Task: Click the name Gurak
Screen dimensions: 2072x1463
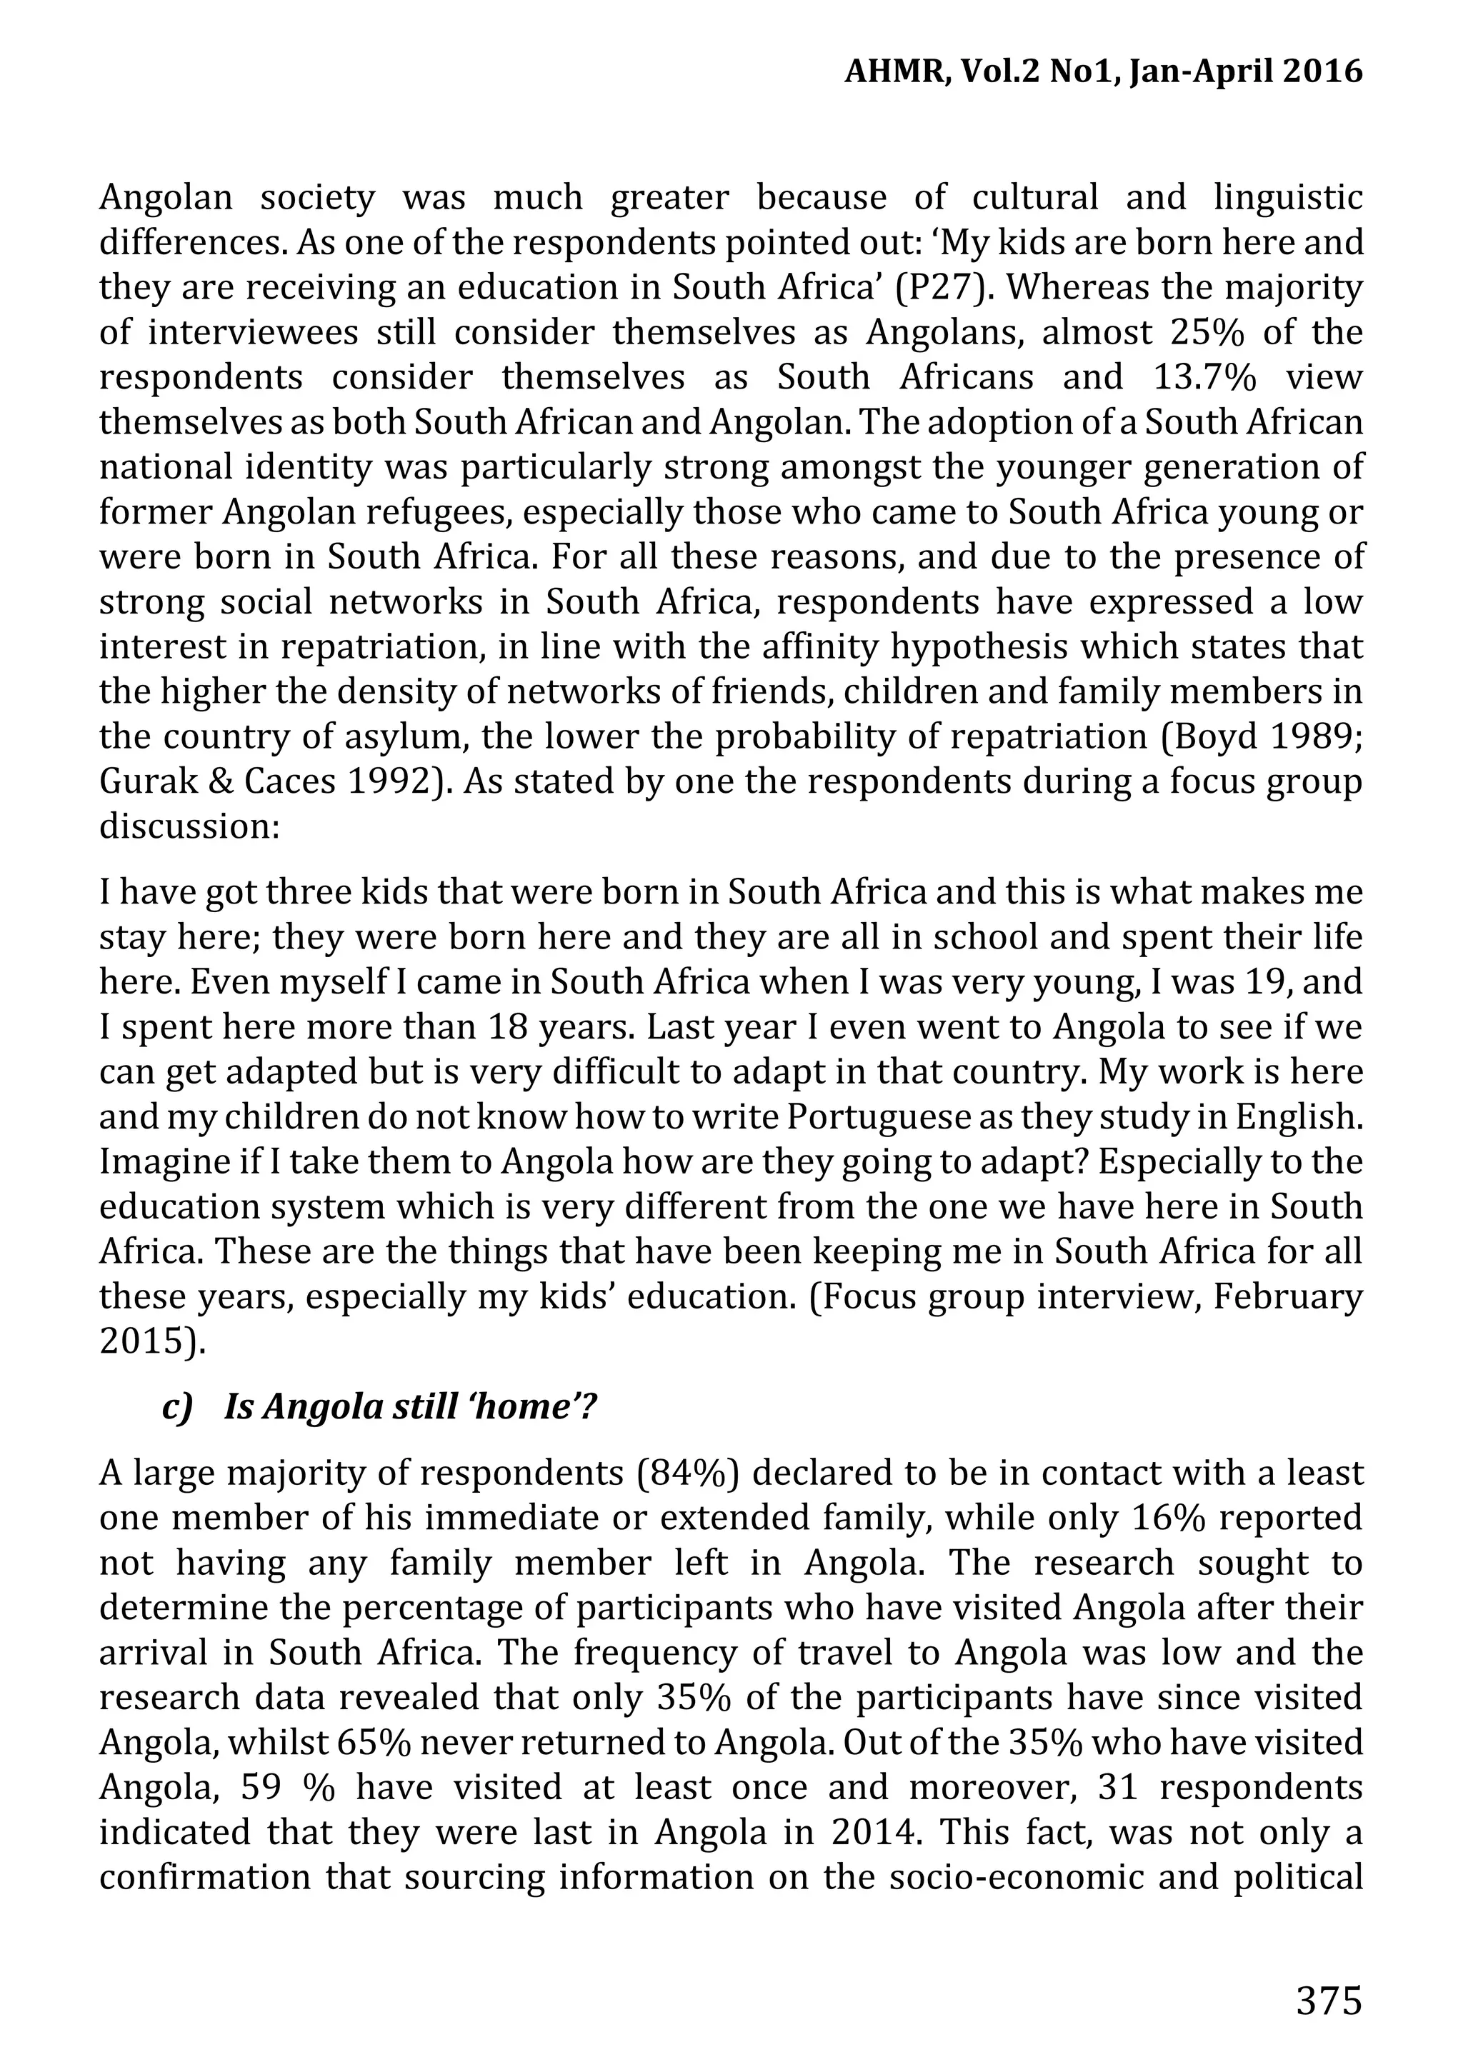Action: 141,781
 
